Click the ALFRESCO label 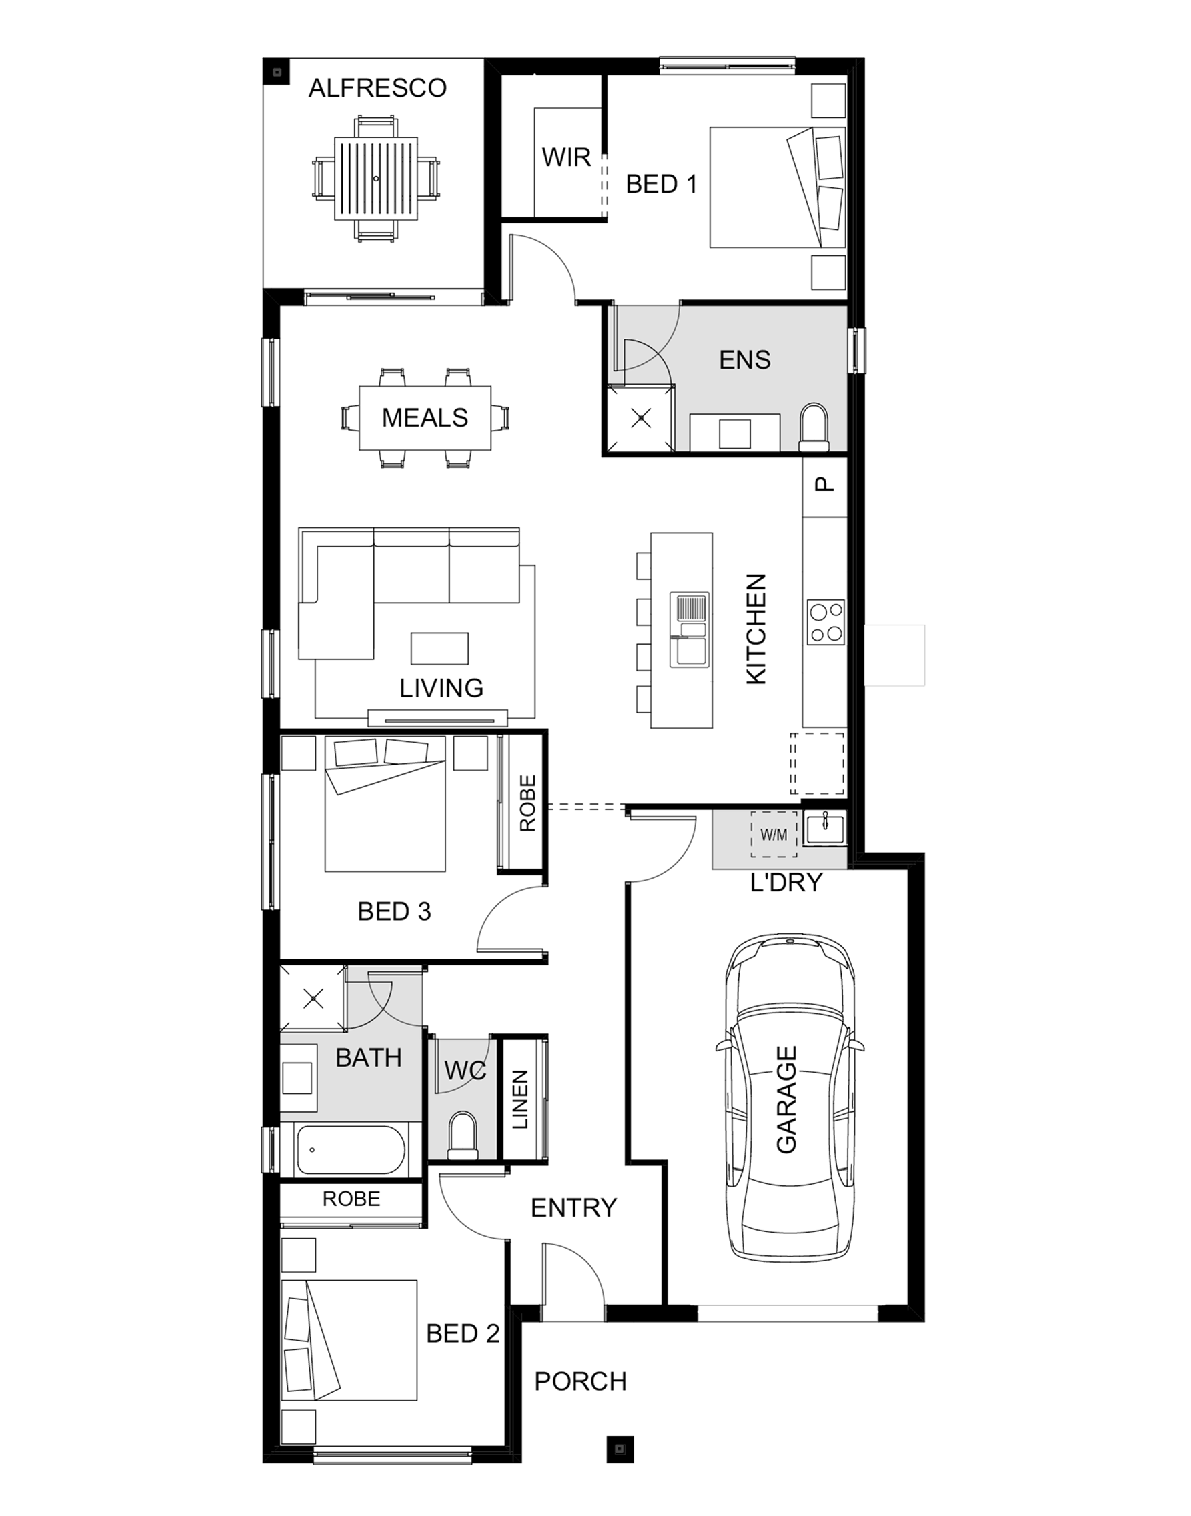tap(377, 88)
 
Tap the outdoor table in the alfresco tap(377, 179)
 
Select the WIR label tap(566, 157)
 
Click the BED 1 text tap(661, 184)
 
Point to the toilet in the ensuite tap(813, 427)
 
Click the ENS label tap(745, 359)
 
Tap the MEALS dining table tap(425, 417)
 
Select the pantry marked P tap(824, 486)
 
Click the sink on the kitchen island tap(689, 629)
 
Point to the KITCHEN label tap(756, 629)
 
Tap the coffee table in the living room tap(439, 648)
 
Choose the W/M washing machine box tap(774, 834)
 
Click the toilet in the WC tap(462, 1136)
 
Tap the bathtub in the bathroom tap(351, 1151)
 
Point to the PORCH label tap(580, 1381)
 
